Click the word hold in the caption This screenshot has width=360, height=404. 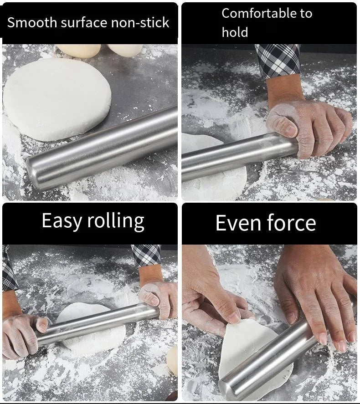pyautogui.click(x=235, y=32)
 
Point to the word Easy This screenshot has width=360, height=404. pyautogui.click(x=62, y=221)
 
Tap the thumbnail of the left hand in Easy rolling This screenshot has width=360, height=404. pyautogui.click(x=42, y=325)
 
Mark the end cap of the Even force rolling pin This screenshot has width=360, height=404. pyautogui.click(x=228, y=389)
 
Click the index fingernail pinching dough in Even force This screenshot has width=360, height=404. pyautogui.click(x=234, y=317)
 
